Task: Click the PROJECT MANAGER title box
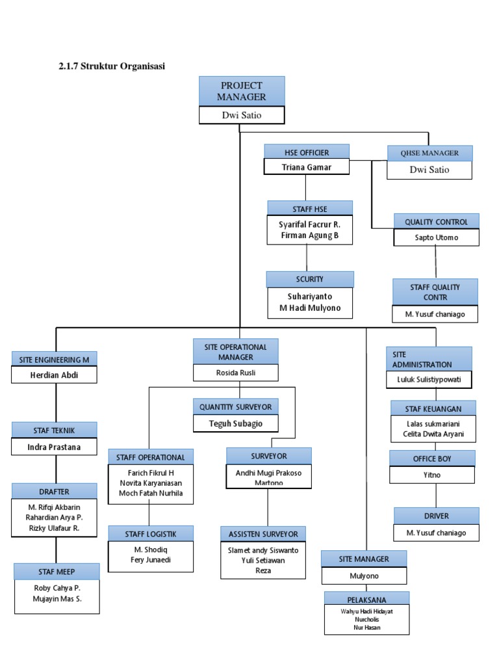[242, 91]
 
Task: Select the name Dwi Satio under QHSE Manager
[429, 170]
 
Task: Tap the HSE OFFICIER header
[307, 152]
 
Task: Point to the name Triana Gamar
[307, 167]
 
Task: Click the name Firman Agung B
[310, 235]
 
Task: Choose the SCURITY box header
[310, 279]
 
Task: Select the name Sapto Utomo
[436, 237]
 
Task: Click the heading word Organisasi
[142, 65]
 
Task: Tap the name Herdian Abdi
[54, 375]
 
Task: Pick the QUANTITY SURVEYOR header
[236, 406]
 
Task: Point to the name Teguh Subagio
[236, 424]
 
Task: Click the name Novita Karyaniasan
[151, 482]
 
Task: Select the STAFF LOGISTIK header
[151, 533]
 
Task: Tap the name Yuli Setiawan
[262, 560]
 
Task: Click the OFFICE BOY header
[432, 459]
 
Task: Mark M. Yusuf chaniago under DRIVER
[436, 533]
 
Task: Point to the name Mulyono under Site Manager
[364, 576]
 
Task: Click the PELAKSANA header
[367, 598]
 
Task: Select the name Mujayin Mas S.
[57, 599]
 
